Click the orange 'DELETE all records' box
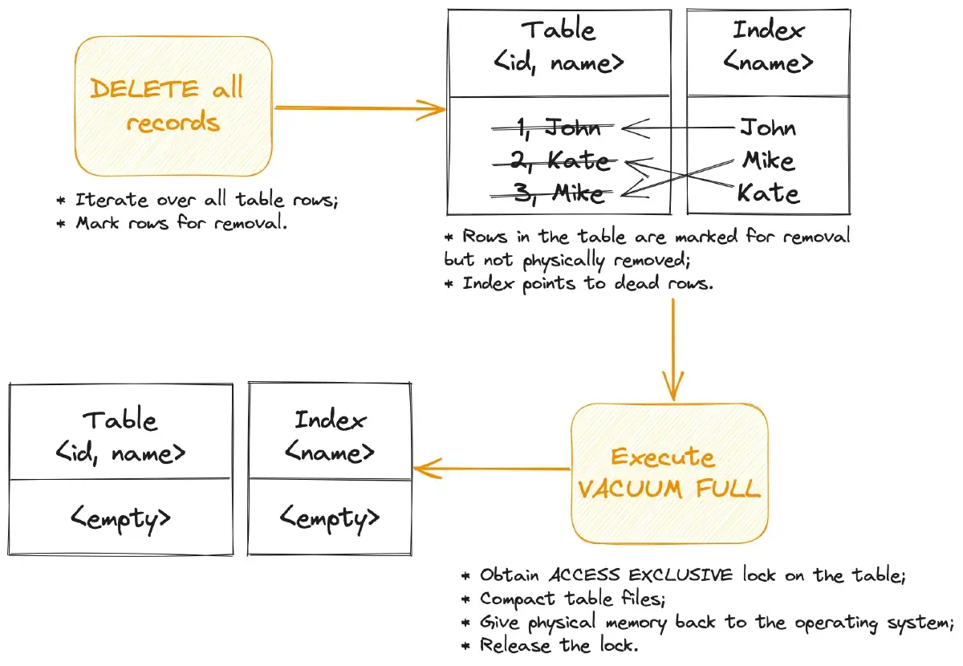click(x=173, y=106)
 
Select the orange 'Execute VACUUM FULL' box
click(x=669, y=473)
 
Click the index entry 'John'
click(x=767, y=128)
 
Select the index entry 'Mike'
click(x=767, y=160)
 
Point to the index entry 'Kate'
click(x=767, y=193)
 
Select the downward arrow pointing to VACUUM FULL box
click(x=672, y=345)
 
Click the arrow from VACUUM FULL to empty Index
click(x=491, y=469)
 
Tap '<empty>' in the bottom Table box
click(x=120, y=518)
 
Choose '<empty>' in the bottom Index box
click(x=330, y=518)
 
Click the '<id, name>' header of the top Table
click(x=559, y=63)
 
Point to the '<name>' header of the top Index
click(x=768, y=62)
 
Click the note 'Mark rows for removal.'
click(x=181, y=223)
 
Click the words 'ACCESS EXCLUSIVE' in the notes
click(x=640, y=575)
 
